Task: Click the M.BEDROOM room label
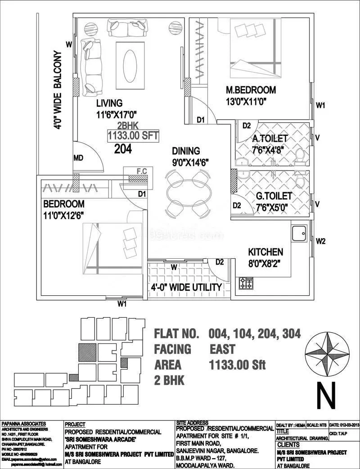coord(251,90)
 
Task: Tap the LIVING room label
coord(109,104)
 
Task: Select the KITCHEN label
coord(265,252)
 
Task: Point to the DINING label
coord(185,151)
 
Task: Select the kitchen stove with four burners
coord(246,283)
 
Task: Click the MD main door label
coord(78,158)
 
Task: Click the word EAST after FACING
coord(222,349)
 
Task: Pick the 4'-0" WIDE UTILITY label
coord(186,287)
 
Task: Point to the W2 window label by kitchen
coord(320,241)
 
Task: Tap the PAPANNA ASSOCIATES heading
coord(24,424)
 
